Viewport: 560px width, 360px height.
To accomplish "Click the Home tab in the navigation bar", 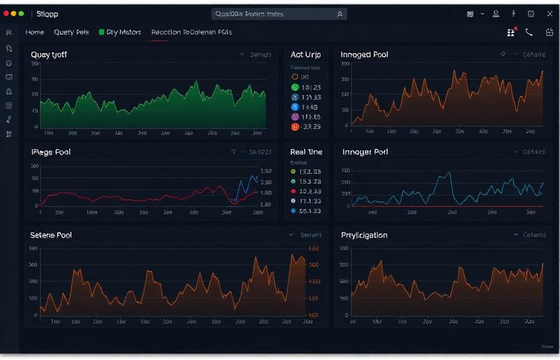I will (x=34, y=32).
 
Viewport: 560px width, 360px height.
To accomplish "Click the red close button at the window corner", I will (x=6, y=13).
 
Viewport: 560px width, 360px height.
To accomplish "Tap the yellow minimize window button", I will (x=14, y=13).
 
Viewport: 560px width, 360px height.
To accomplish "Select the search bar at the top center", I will (x=278, y=13).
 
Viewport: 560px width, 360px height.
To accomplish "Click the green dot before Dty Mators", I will (x=101, y=32).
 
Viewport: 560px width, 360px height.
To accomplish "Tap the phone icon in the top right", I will (x=529, y=32).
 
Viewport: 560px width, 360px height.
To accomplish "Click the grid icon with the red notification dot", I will (x=511, y=32).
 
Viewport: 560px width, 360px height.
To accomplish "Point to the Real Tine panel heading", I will (x=306, y=152).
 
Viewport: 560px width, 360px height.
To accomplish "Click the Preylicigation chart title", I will (x=364, y=235).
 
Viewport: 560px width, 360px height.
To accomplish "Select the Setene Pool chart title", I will (x=51, y=235).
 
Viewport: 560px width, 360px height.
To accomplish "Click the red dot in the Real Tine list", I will (x=293, y=191).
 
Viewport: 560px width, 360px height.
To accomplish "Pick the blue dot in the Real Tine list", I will (x=293, y=211).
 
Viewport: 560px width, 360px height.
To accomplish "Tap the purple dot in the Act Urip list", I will (x=295, y=117).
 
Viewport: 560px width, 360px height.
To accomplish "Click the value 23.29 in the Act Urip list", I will (x=311, y=127).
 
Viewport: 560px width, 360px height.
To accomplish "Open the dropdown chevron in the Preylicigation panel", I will (x=516, y=235).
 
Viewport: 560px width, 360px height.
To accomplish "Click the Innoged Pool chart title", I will (x=364, y=54).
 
